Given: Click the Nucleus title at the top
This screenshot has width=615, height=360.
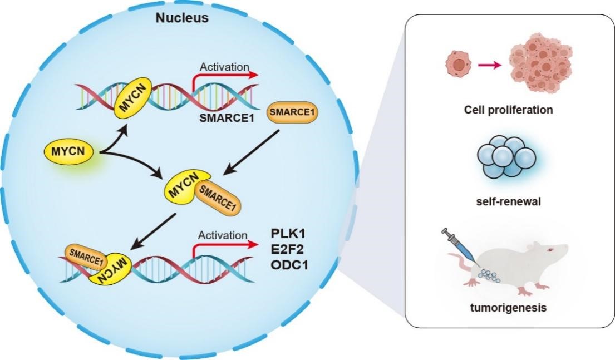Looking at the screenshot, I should tap(182, 18).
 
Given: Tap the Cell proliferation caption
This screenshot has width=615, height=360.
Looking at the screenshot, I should tap(509, 110).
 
